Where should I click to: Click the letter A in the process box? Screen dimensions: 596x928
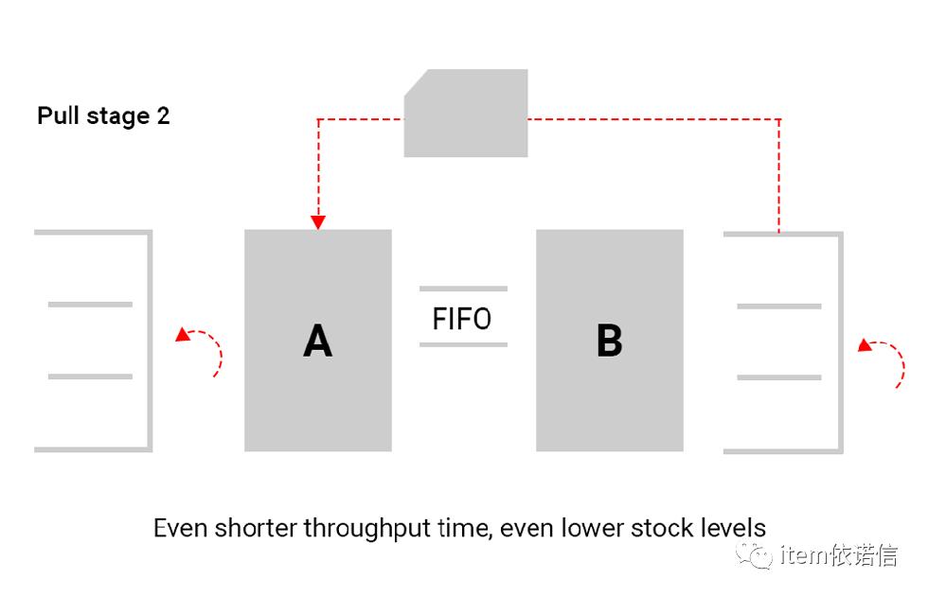pos(317,341)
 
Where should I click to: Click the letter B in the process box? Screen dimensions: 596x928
pos(609,341)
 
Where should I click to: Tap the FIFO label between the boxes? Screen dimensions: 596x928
pos(462,319)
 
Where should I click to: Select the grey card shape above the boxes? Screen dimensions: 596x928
pos(466,114)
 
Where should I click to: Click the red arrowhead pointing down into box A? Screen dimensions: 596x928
pos(318,222)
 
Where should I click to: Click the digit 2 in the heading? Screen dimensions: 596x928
pos(163,116)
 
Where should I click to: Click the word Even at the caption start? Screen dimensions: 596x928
pos(181,527)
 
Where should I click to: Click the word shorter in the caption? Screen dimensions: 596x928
pos(254,527)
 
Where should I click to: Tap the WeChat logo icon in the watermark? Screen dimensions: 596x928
pos(757,555)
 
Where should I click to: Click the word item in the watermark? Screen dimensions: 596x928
pos(802,555)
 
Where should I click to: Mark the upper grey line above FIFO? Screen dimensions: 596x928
pos(463,289)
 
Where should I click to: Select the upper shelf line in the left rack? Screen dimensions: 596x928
pos(90,305)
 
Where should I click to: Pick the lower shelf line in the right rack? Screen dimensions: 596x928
pos(778,377)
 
